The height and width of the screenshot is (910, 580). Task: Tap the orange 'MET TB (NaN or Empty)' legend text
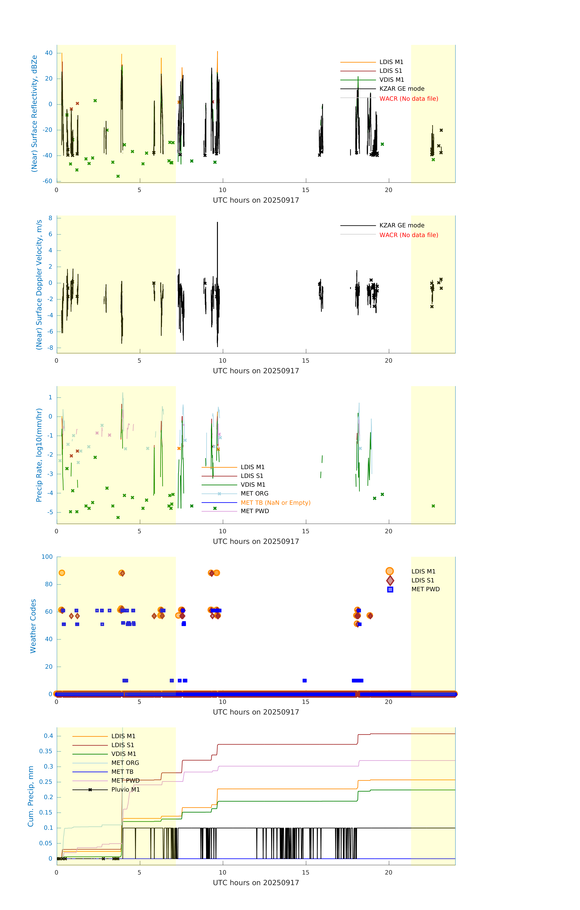[276, 503]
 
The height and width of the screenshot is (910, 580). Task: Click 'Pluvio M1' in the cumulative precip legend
[125, 789]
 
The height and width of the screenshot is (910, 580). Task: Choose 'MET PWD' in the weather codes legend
[425, 589]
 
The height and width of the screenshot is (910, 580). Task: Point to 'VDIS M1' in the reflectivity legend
[392, 80]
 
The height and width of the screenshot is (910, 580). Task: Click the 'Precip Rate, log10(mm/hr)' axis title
[39, 455]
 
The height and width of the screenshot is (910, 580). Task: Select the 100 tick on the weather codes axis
[47, 557]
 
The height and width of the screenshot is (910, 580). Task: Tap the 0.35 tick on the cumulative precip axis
[46, 751]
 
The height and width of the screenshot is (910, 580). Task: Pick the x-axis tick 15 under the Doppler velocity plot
[305, 361]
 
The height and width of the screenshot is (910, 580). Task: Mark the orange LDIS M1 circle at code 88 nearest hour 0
[62, 573]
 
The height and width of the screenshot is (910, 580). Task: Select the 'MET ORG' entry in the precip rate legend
[254, 494]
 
